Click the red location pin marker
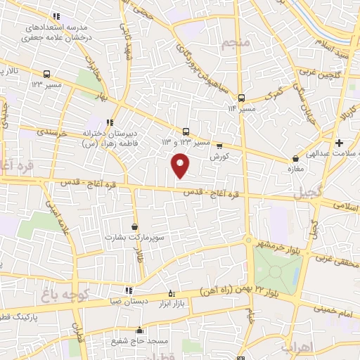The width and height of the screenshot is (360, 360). tap(181, 166)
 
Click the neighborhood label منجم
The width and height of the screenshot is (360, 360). tap(235, 44)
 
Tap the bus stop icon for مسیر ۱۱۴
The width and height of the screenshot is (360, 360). tap(242, 98)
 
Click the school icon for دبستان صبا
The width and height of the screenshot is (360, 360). tap(128, 290)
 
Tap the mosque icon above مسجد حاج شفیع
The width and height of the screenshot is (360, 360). tap(139, 330)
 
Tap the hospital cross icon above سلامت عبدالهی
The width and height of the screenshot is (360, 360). tap(339, 143)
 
